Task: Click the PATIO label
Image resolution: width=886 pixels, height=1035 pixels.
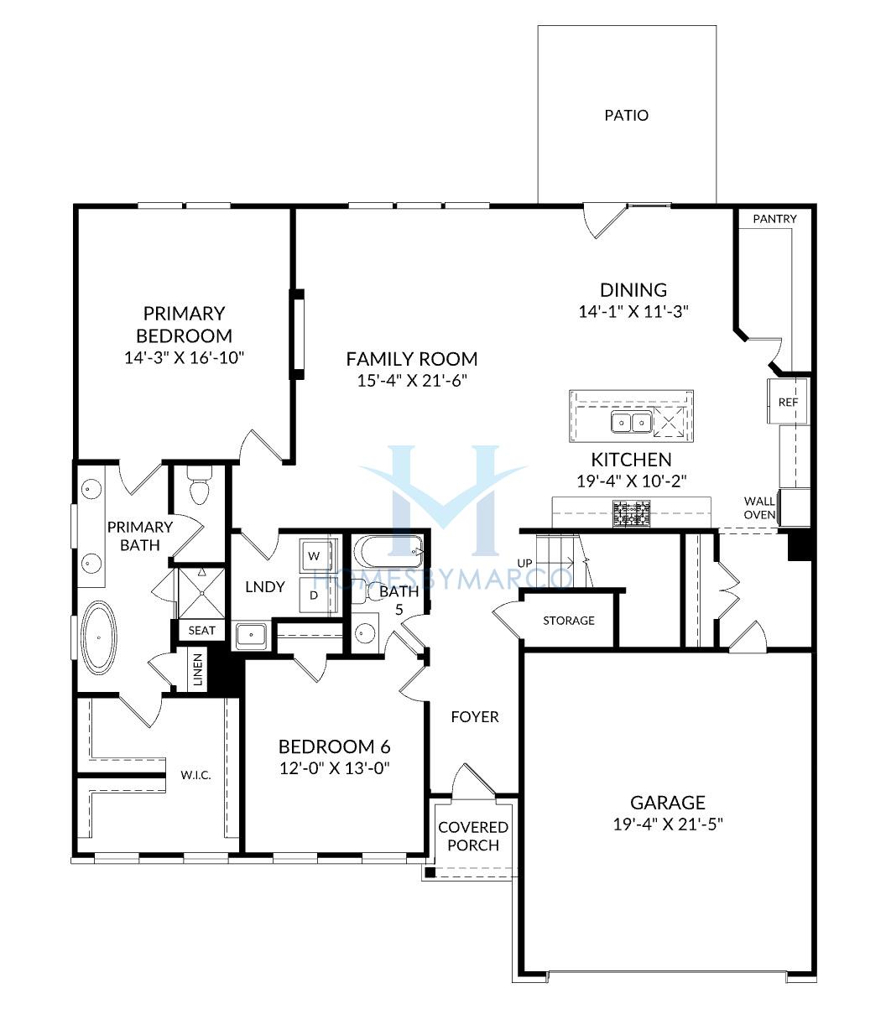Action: [626, 116]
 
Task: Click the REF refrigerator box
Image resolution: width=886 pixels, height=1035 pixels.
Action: [788, 402]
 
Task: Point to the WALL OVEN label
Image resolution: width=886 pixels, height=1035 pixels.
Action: [759, 507]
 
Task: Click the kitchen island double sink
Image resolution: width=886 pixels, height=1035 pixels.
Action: [631, 422]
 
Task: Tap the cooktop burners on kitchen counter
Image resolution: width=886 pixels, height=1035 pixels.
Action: [631, 513]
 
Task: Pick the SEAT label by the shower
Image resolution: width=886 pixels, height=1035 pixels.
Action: [202, 631]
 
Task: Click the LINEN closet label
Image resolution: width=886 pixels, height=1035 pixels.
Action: [198, 670]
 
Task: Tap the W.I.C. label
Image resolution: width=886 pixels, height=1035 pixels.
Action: [195, 776]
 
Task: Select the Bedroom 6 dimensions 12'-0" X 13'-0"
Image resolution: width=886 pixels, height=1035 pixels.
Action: [335, 768]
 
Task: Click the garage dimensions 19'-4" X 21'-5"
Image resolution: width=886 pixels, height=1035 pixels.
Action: [668, 824]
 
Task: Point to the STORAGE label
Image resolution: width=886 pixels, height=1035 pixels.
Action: [569, 621]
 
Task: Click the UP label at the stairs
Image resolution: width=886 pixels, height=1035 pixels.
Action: [524, 564]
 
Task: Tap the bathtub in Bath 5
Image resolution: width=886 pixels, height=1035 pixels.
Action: [388, 551]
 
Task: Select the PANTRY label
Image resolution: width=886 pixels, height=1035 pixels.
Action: [774, 219]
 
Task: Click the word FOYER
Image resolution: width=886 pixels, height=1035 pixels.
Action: [475, 717]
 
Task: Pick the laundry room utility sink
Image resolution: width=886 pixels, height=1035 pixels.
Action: [252, 636]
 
